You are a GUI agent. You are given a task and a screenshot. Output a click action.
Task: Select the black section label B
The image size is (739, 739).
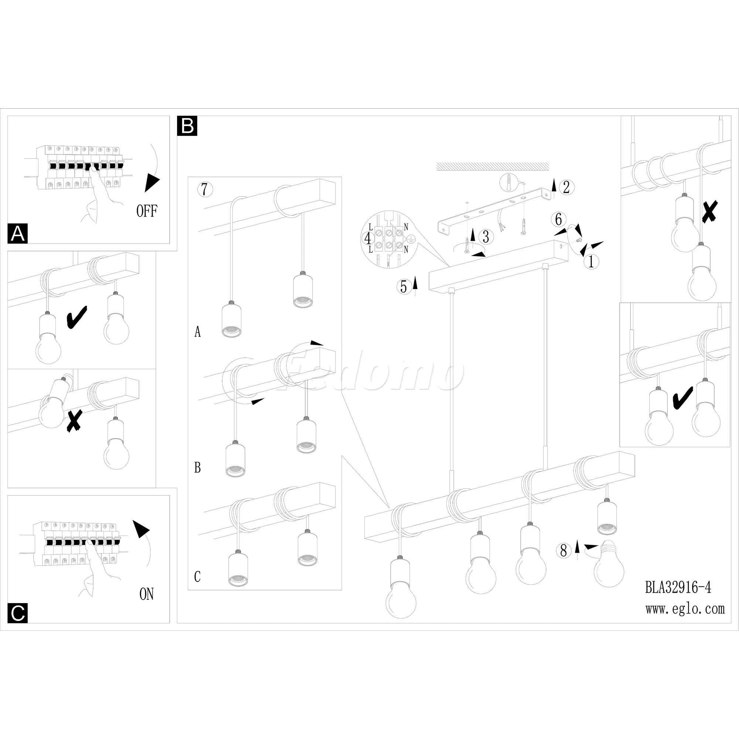187,126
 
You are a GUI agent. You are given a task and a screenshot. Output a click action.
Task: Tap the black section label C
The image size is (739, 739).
18,613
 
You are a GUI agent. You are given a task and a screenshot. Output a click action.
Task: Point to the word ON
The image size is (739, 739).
146,594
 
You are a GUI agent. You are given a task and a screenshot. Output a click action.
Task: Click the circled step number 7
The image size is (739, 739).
204,189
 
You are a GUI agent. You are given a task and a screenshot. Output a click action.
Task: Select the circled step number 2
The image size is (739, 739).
566,187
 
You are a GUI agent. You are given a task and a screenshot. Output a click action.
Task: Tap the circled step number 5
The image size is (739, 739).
404,287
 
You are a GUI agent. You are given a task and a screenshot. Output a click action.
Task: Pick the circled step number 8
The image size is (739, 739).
563,551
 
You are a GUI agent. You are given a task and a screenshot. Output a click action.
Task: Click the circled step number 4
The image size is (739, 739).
368,239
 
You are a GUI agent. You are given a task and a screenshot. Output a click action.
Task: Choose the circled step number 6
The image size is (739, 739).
558,219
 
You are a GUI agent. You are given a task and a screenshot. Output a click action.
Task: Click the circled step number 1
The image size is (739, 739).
591,262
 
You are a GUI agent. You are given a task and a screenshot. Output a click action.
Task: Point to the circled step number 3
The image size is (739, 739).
486,237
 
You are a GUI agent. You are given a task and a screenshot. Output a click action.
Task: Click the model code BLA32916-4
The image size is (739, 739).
678,588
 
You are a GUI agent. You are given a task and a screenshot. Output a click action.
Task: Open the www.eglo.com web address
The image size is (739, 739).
685,609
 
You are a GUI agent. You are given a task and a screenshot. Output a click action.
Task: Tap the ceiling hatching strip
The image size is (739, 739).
493,166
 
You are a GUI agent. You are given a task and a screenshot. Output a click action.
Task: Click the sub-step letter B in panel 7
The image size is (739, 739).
197,467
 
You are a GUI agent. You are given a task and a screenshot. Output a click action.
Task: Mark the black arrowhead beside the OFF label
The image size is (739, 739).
152,183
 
